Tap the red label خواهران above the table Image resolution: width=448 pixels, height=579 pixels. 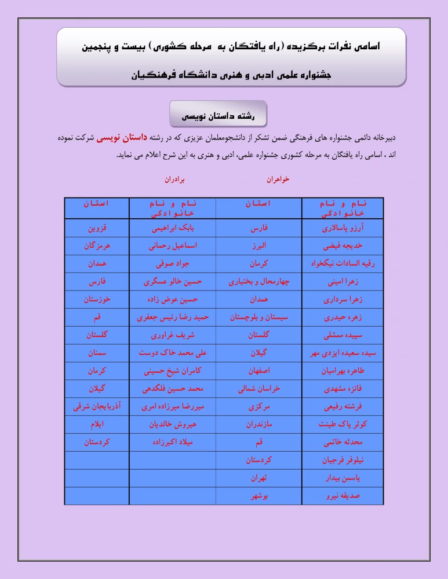click(x=278, y=179)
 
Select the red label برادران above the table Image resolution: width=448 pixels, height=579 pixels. click(x=173, y=180)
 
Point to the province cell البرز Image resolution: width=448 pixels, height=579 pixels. click(x=258, y=245)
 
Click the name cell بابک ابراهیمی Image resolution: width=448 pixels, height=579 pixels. click(x=172, y=228)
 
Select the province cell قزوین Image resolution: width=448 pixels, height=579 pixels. click(x=97, y=228)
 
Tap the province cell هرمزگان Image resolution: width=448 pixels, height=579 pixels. click(x=97, y=245)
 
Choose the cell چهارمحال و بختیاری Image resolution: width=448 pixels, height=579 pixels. click(x=258, y=282)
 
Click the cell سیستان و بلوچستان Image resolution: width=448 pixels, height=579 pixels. click(x=258, y=317)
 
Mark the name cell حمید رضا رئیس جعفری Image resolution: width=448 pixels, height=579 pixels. click(x=172, y=317)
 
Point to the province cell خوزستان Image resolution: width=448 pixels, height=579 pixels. click(x=97, y=299)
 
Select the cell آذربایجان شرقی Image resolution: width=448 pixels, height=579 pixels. click(x=97, y=406)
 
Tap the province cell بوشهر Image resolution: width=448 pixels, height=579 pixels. click(x=258, y=496)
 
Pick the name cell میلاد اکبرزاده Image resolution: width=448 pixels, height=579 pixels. click(x=172, y=442)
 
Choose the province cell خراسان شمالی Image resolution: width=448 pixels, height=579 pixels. click(x=258, y=389)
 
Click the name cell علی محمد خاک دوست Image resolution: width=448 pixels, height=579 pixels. click(x=172, y=353)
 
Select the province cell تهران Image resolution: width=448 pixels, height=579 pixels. click(x=258, y=478)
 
